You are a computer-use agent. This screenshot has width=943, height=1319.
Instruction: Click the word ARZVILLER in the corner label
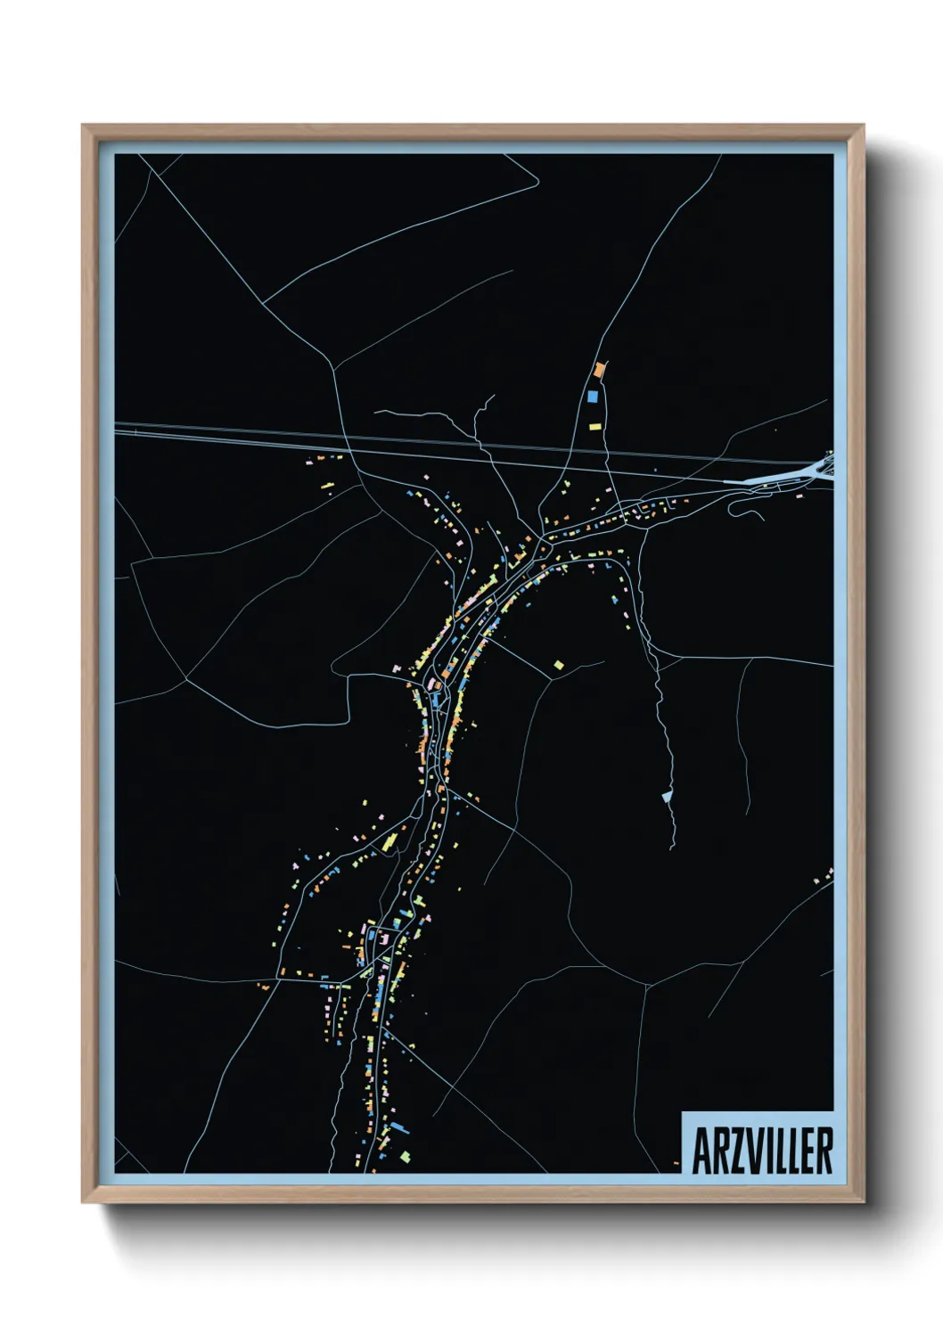[762, 1151]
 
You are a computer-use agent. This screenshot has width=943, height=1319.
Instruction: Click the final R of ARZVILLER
[824, 1151]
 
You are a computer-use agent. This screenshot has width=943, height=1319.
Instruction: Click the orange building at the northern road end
[599, 369]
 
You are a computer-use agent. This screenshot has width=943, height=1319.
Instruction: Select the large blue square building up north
[593, 396]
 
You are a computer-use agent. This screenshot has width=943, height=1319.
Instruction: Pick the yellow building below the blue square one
[594, 426]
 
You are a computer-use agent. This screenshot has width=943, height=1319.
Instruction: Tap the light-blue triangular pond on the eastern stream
[666, 796]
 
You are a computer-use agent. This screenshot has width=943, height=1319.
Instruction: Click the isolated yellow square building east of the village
[559, 664]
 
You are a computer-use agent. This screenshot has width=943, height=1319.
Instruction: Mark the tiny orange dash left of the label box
[676, 1163]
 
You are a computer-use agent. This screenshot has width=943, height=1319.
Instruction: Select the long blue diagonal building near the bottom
[398, 1127]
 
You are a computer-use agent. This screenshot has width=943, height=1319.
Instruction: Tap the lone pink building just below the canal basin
[799, 495]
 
